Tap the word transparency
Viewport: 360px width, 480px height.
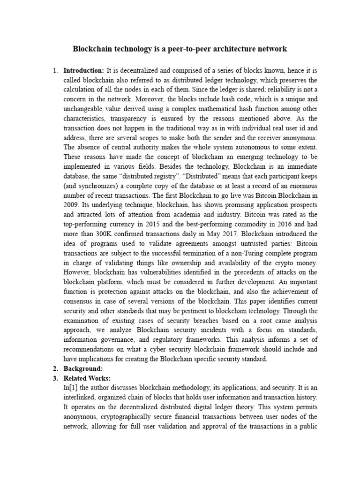pyautogui.click(x=125, y=118)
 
